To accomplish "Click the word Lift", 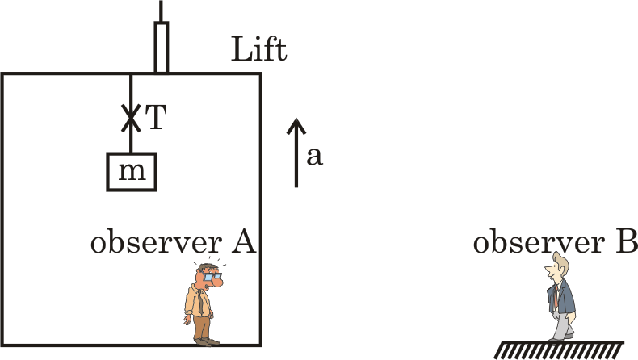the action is tap(258, 48).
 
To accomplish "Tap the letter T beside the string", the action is tap(156, 117).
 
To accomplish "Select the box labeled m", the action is tap(132, 172).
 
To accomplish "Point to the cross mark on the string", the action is tap(131, 118).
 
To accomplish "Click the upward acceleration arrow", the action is tap(296, 153).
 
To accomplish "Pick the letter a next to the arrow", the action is tap(314, 157).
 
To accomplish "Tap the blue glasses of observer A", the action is tap(212, 277).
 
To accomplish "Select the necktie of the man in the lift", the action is tap(200, 302).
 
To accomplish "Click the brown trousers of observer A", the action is tap(202, 328).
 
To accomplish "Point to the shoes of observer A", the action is tap(208, 342).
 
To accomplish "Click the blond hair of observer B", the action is tap(561, 262).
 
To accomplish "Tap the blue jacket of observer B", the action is tap(564, 297).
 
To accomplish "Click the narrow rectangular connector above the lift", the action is tap(162, 48).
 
